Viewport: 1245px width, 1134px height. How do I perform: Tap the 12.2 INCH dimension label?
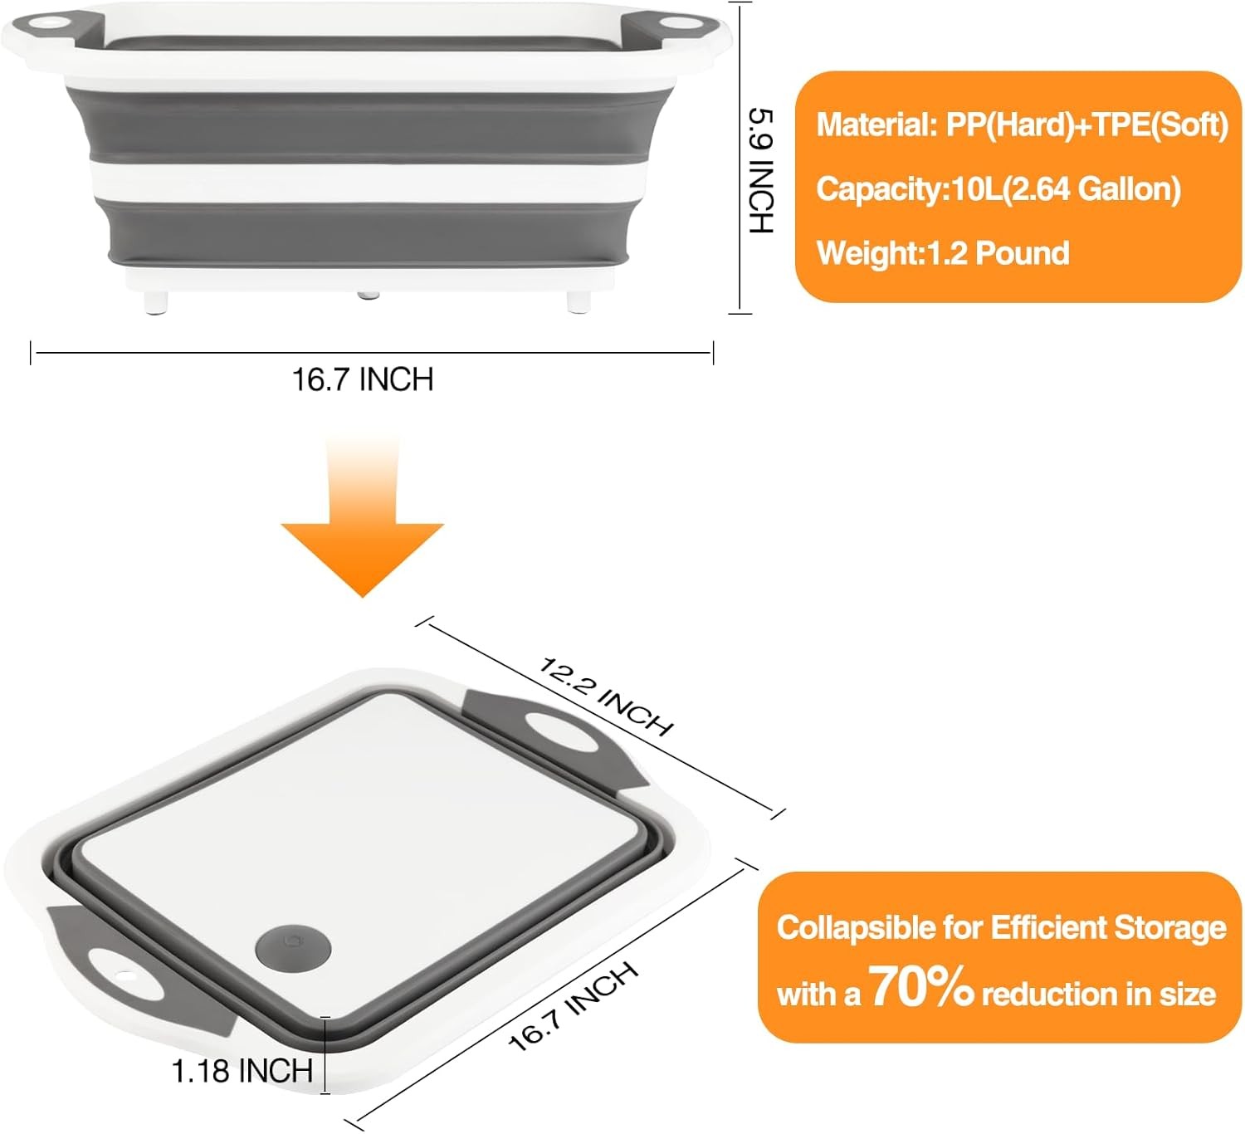pyautogui.click(x=606, y=696)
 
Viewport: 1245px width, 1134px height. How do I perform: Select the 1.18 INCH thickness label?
pyautogui.click(x=242, y=1071)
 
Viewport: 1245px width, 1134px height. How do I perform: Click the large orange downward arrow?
pyautogui.click(x=363, y=523)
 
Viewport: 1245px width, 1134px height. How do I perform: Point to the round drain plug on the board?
pyautogui.click(x=294, y=947)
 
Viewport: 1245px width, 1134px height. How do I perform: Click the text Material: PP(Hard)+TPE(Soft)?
pyautogui.click(x=1022, y=125)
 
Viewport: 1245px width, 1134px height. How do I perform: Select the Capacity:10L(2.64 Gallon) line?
pyautogui.click(x=998, y=189)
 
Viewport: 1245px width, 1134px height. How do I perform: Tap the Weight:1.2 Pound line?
pyautogui.click(x=943, y=253)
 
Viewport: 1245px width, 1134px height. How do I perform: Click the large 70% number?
pyautogui.click(x=921, y=988)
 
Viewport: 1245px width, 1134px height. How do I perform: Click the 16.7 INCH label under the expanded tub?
pyautogui.click(x=363, y=379)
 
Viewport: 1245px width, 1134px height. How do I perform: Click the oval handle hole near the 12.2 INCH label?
pyautogui.click(x=564, y=731)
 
